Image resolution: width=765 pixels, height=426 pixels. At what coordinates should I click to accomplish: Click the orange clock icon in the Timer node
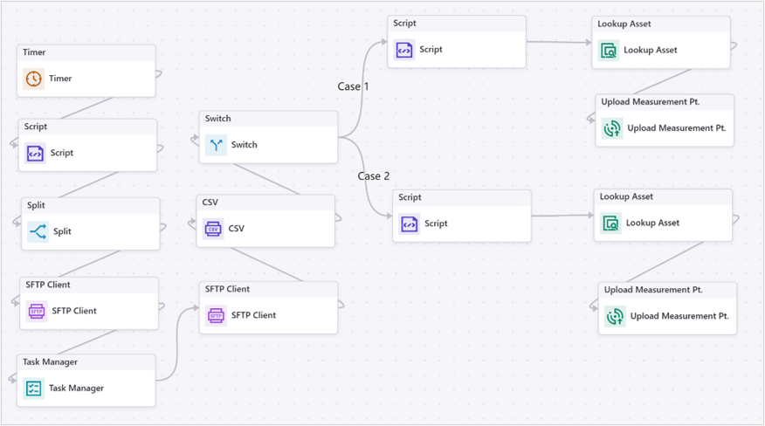point(33,79)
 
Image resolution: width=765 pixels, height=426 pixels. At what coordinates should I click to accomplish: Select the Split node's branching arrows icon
point(38,231)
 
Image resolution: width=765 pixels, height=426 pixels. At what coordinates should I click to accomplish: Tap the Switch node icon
point(216,145)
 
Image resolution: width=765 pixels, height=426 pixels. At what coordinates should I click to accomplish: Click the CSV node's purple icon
point(213,230)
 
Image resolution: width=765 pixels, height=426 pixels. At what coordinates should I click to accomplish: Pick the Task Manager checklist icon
point(33,388)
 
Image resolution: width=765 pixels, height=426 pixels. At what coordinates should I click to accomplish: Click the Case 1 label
point(354,86)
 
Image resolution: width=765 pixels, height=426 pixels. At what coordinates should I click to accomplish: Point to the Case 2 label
point(374,176)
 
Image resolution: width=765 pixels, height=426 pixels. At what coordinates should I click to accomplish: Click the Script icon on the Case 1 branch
point(404,50)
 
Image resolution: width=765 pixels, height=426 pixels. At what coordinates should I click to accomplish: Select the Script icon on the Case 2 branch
point(410,224)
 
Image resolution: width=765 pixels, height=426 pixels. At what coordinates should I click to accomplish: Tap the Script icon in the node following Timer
point(35,153)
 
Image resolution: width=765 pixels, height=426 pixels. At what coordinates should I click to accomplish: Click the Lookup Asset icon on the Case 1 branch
point(609,51)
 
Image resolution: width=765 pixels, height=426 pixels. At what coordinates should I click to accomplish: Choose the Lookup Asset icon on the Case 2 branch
point(611,223)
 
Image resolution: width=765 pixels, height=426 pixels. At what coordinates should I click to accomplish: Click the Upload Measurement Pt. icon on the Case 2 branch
point(615,316)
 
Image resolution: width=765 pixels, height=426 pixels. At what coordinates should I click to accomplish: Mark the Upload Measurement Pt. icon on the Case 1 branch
point(612,128)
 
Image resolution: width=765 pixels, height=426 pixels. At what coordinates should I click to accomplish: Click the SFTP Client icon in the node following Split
point(36,311)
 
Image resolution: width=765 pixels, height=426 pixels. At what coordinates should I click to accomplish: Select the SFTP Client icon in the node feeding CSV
point(216,315)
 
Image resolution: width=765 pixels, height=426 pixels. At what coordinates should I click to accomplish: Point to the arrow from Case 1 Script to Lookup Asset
point(559,41)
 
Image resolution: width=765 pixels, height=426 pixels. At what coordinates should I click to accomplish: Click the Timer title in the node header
point(34,52)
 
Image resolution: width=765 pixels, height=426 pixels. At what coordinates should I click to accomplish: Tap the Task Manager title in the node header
point(50,362)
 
